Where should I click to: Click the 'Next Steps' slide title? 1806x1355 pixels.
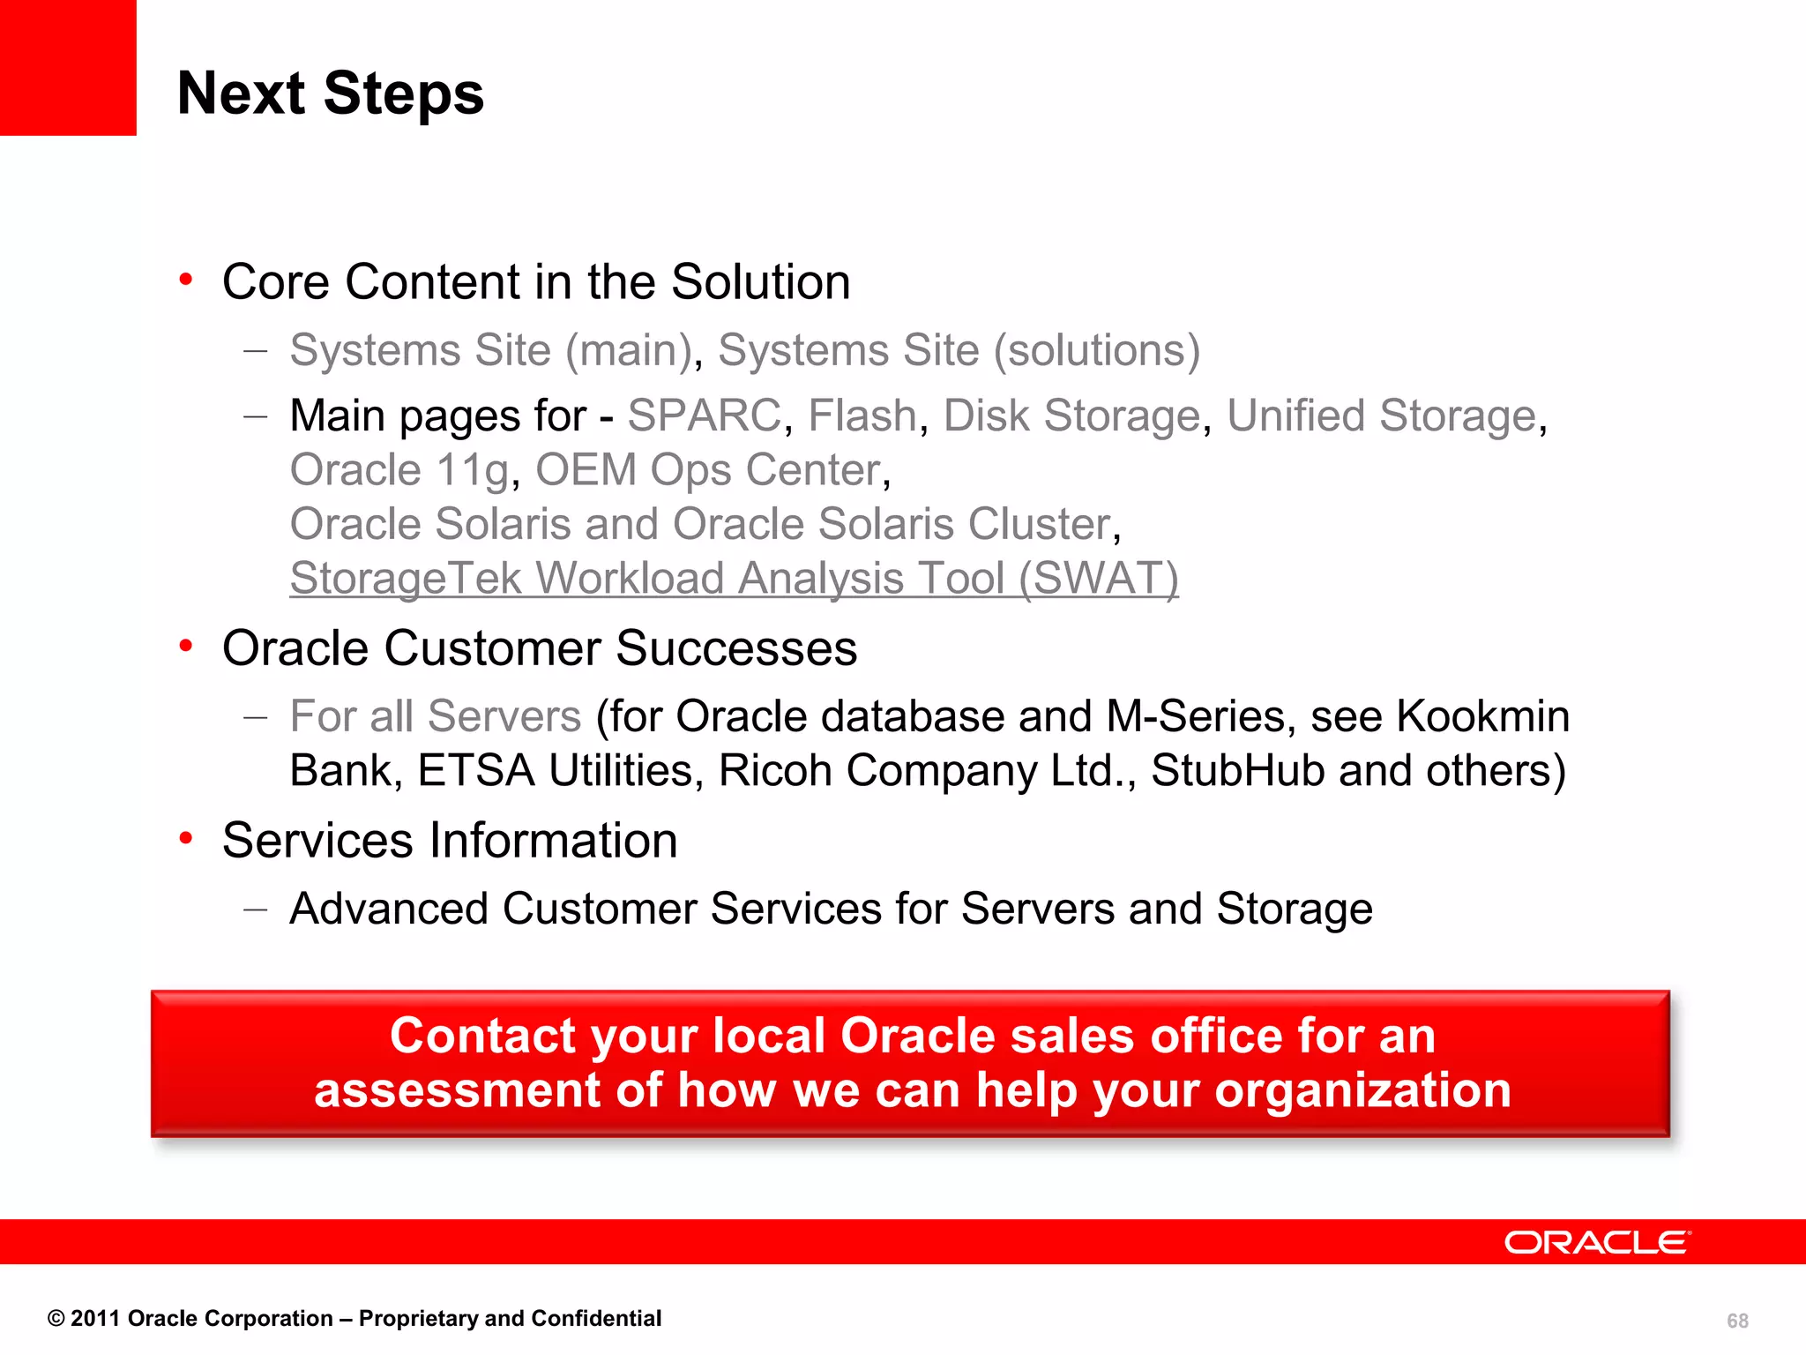tap(330, 94)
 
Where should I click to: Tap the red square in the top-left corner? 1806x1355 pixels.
tap(68, 67)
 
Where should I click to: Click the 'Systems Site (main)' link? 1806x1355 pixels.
tap(491, 350)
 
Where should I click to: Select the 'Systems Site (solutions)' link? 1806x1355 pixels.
tap(959, 350)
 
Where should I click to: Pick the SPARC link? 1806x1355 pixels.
tap(704, 415)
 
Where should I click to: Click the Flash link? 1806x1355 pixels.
tap(862, 415)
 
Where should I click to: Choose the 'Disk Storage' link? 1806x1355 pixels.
tap(1071, 415)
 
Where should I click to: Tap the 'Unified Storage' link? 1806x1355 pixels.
tap(1382, 415)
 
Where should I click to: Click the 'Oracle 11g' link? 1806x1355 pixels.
tap(399, 470)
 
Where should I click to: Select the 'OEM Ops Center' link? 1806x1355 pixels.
tap(708, 470)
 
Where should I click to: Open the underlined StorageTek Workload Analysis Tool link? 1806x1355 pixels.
tap(734, 579)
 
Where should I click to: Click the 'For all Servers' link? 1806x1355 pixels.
tap(436, 716)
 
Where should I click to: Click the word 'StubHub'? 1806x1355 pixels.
tap(1237, 771)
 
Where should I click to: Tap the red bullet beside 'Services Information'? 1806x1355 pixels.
tap(186, 838)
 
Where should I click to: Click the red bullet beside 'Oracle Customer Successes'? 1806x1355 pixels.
tap(186, 647)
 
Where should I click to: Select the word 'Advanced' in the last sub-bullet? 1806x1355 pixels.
tap(389, 909)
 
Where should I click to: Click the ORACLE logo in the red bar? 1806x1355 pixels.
tap(1596, 1242)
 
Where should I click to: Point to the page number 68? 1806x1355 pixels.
tap(1737, 1321)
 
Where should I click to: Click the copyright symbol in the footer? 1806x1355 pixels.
tap(56, 1319)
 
